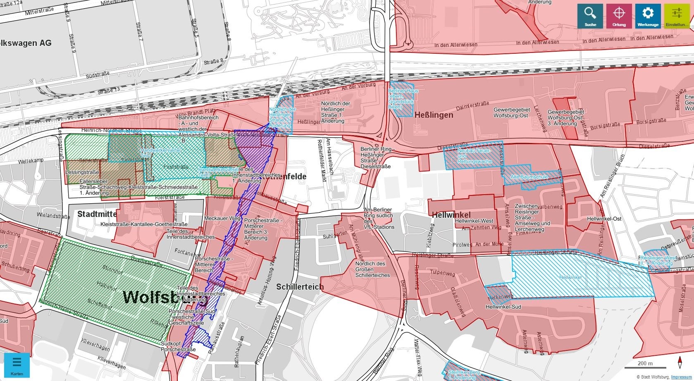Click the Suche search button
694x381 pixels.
(x=590, y=16)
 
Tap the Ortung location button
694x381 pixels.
(x=619, y=16)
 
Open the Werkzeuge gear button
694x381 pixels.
(x=648, y=16)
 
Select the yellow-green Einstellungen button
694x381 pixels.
(x=677, y=16)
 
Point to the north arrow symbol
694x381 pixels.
(x=680, y=362)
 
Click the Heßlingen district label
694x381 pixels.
(x=434, y=115)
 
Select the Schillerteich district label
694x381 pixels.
(x=300, y=287)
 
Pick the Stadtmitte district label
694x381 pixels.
(x=97, y=214)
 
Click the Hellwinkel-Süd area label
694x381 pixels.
(x=503, y=307)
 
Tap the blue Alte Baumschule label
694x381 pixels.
(x=529, y=177)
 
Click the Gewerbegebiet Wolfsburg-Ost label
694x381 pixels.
(x=511, y=113)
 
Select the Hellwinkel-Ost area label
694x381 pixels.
(x=604, y=219)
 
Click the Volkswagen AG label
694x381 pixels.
(x=26, y=43)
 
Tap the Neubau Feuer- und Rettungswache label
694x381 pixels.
(x=474, y=156)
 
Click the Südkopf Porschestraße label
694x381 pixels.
(x=178, y=346)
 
